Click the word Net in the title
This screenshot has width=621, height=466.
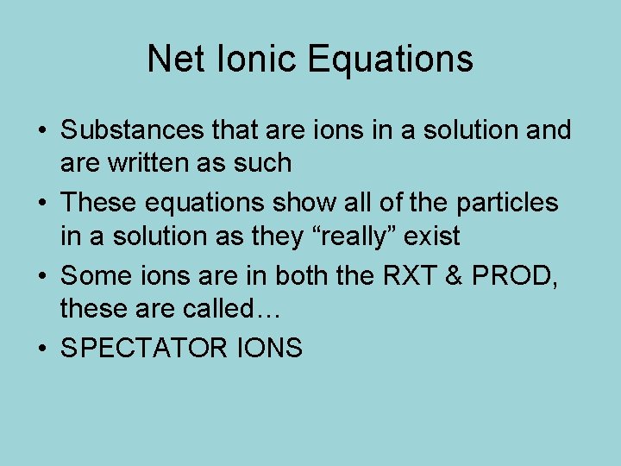click(x=172, y=59)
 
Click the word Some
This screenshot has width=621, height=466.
click(x=93, y=275)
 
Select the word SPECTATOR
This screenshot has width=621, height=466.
click(x=143, y=348)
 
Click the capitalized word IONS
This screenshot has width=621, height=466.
click(x=268, y=348)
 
